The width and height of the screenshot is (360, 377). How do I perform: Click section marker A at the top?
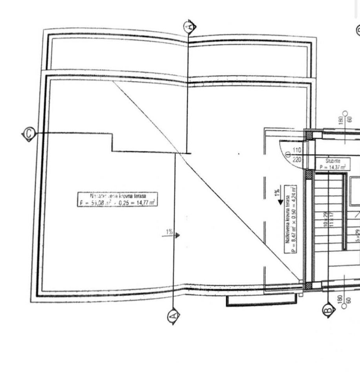point(190,27)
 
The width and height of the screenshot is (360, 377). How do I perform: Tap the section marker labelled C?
point(28,134)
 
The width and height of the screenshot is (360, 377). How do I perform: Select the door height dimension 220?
point(296,160)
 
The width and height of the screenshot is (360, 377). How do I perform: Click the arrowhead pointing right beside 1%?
point(177,235)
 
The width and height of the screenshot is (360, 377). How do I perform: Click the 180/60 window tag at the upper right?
point(346,118)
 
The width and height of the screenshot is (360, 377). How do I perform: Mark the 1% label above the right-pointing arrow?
point(169,231)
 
